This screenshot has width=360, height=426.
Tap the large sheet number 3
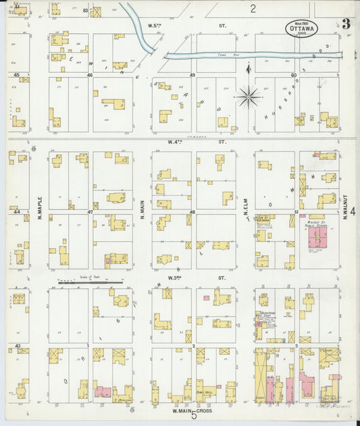(x=346, y=24)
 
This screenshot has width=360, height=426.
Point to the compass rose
(x=249, y=97)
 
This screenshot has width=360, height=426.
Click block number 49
(x=192, y=75)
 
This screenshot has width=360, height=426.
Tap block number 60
(x=294, y=75)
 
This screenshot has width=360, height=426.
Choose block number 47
(x=89, y=211)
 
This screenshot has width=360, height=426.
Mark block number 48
(x=192, y=211)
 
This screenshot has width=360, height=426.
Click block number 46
(x=89, y=75)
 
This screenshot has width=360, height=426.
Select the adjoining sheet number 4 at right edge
(x=353, y=211)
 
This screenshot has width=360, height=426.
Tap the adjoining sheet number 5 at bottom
(x=193, y=415)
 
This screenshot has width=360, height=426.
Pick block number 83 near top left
(x=85, y=11)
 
